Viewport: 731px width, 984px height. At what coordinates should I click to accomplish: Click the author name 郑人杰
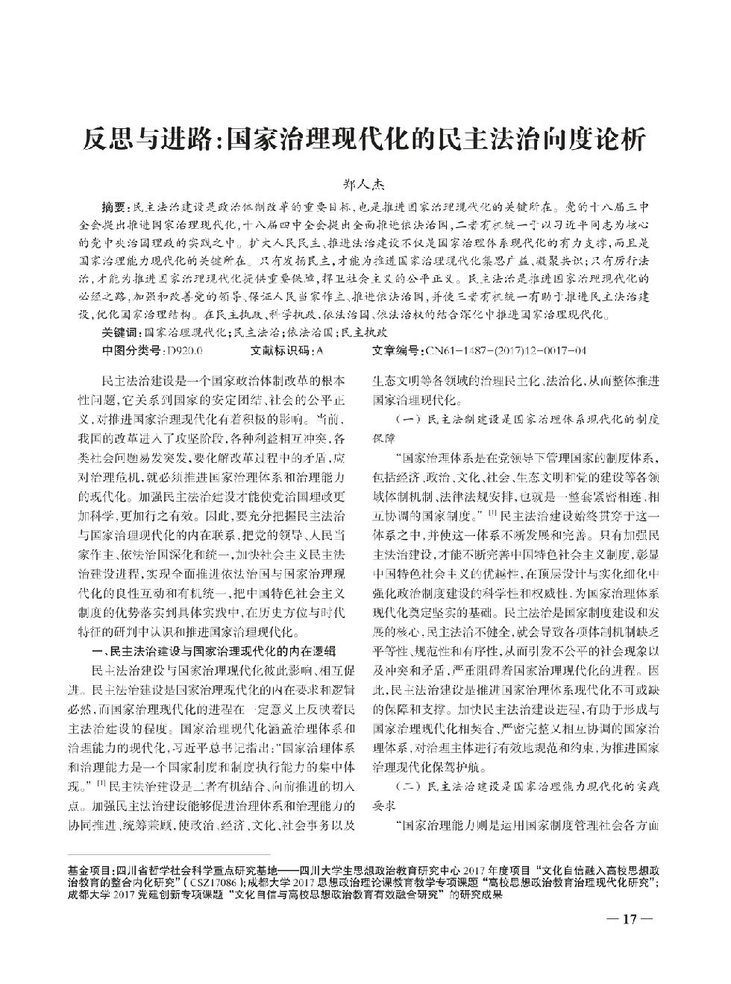pos(365,183)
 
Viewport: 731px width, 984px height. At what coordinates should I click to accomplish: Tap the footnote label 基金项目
pos(87,870)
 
